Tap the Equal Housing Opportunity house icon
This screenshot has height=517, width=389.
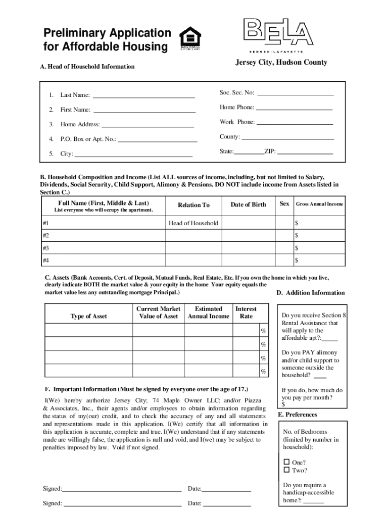tap(190, 38)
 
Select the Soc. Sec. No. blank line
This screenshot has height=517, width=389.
tap(296, 93)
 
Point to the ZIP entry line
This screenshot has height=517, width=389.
tap(305, 152)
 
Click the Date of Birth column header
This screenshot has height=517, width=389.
tap(248, 204)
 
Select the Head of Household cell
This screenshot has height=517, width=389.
tap(193, 223)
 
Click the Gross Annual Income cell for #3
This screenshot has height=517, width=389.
tap(319, 248)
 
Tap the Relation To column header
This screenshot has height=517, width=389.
tap(193, 205)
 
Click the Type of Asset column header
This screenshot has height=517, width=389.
tap(88, 317)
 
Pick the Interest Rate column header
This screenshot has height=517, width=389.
tap(246, 313)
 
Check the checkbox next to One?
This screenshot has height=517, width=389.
tap(286, 462)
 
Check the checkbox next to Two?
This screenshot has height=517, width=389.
tap(286, 470)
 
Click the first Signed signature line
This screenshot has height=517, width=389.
tap(122, 489)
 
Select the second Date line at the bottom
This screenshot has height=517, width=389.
tap(227, 504)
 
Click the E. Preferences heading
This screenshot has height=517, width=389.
tap(298, 415)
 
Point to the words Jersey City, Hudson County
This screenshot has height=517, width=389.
tap(281, 63)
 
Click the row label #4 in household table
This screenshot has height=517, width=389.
tap(46, 261)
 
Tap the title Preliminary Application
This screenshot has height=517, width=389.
tap(107, 33)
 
